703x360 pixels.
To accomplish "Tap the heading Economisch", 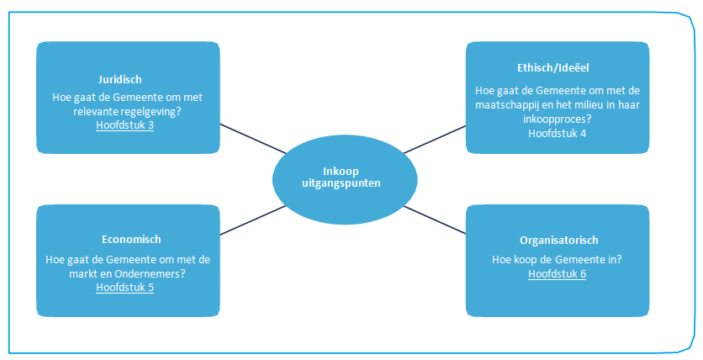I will tap(129, 240).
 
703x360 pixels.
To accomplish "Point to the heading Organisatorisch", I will tap(558, 240).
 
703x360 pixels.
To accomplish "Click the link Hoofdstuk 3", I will tap(124, 125).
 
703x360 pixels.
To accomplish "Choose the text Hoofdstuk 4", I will tap(558, 133).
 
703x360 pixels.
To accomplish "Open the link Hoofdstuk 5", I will tap(124, 287).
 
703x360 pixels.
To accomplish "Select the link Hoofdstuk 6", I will tap(557, 273).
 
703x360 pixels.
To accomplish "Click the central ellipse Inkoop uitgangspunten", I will tap(345, 177).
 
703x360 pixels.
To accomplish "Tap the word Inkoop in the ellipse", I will tap(346, 169).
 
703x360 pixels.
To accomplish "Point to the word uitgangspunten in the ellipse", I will tap(346, 183).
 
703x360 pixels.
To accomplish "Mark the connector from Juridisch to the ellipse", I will tap(252, 139).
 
